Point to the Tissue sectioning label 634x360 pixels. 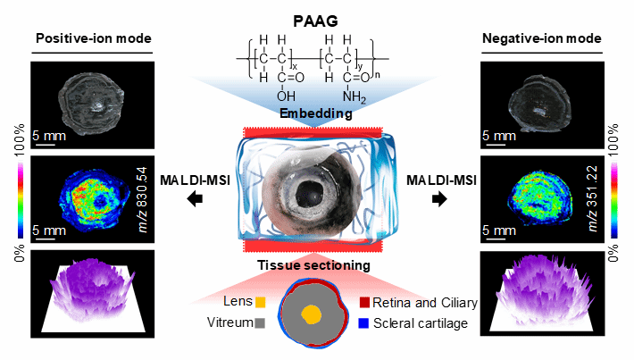[x=319, y=265]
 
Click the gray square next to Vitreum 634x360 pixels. [x=260, y=323]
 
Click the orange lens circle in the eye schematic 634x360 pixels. [x=311, y=314]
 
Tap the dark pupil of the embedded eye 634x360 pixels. [x=313, y=191]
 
